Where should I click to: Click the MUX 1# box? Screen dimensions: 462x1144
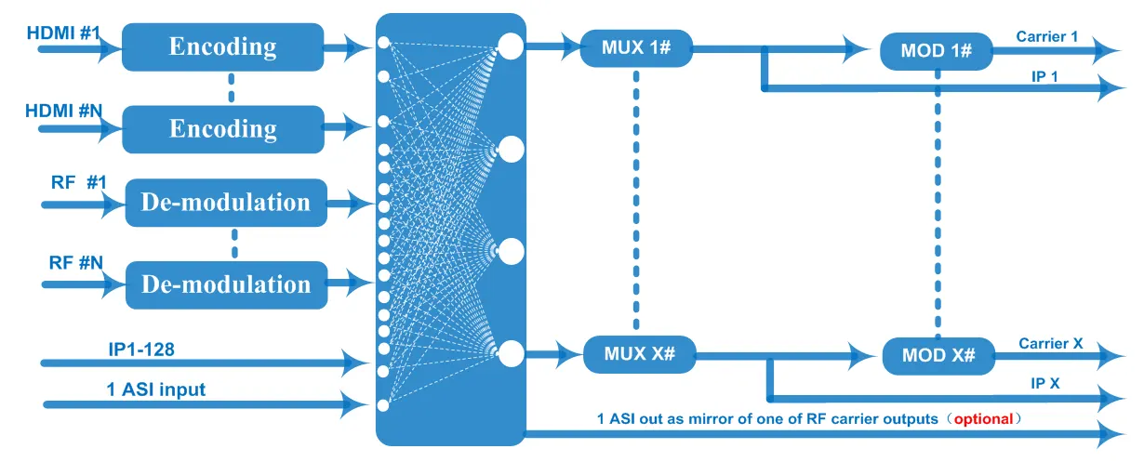pos(636,47)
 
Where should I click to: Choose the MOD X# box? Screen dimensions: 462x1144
pos(938,356)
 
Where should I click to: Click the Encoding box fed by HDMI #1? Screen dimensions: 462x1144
pos(222,46)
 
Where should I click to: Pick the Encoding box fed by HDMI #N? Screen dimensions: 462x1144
pos(223,128)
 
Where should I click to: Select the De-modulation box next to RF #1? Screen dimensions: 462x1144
pos(226,202)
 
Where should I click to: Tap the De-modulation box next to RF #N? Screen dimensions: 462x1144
pos(226,284)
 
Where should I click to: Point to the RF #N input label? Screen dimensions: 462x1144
pos(75,262)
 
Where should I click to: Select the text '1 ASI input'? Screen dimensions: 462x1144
pos(154,389)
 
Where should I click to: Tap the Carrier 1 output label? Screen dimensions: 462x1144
pos(1046,36)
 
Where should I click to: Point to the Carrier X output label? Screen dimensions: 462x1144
pos(1050,343)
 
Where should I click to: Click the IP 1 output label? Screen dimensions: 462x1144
pos(1044,76)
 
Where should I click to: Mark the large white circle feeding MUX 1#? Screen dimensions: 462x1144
pos(511,45)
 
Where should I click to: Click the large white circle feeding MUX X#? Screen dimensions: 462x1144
pos(511,353)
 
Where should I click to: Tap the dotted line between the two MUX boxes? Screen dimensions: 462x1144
pos(636,200)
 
